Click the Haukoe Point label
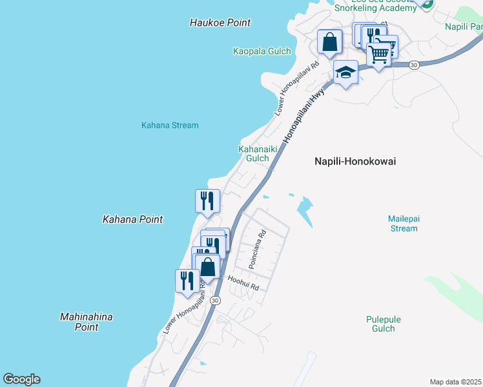pos(220,23)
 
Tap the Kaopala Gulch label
pos(262,51)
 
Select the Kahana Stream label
pos(170,125)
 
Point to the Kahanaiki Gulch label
pos(254,154)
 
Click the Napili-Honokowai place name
pos(355,162)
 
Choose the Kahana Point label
pos(132,219)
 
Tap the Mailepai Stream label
pos(404,223)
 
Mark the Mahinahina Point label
pos(86,322)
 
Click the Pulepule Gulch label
pos(383,324)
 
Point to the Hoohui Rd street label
pos(243,283)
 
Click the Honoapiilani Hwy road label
pos(303,115)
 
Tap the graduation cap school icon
pos(345,72)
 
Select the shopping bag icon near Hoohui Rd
pos(207,266)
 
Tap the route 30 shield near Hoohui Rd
pos(215,301)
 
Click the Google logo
pos(21,379)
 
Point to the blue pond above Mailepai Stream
pos(303,210)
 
